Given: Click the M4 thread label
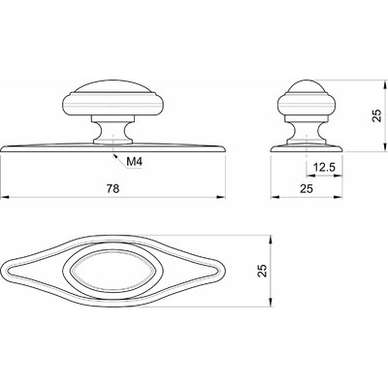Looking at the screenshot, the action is pyautogui.click(x=134, y=161).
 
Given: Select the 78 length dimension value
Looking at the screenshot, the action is pyautogui.click(x=113, y=188).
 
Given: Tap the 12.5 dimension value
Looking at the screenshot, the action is pyautogui.click(x=325, y=168).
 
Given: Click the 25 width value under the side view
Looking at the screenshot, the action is pyautogui.click(x=307, y=188).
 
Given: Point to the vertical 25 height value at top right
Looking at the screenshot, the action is pyautogui.click(x=377, y=115).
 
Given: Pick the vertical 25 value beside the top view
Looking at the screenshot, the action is pyautogui.click(x=263, y=271).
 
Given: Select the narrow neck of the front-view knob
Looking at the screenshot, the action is pyautogui.click(x=113, y=129).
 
